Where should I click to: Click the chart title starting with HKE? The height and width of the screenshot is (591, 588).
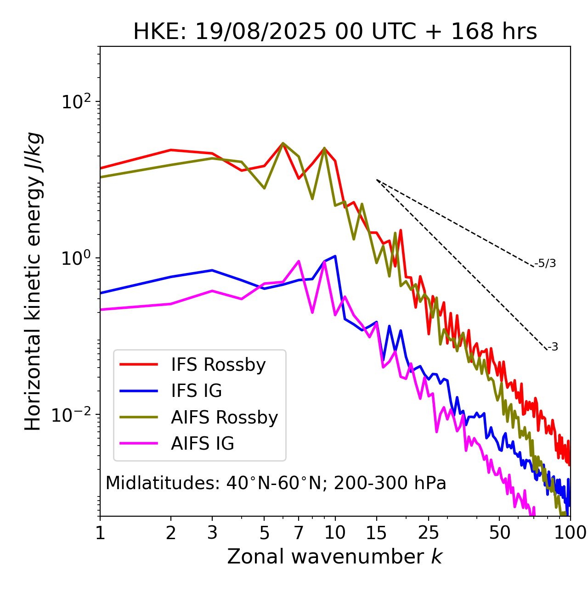coord(335,32)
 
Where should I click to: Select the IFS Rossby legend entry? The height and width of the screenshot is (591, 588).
coord(218,365)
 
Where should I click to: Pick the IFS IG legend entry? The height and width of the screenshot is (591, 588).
coord(196,391)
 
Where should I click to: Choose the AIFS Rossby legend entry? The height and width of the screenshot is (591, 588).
coord(224,418)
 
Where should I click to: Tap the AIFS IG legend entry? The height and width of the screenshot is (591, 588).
coord(203,444)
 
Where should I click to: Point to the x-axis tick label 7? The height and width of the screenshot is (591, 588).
coord(299,533)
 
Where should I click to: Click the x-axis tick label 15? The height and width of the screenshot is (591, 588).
coord(376,533)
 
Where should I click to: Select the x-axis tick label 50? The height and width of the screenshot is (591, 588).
coord(499,533)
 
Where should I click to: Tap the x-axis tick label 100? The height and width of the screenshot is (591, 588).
coord(570,533)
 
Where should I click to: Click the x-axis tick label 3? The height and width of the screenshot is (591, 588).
coord(212,533)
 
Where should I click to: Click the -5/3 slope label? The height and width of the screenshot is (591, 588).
coord(545,263)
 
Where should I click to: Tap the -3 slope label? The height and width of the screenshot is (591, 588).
coord(553,347)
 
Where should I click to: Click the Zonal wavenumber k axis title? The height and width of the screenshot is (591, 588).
coord(335,557)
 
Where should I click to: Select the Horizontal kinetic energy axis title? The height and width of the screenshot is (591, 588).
coord(33,281)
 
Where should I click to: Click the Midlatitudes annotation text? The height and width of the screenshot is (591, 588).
coord(276,483)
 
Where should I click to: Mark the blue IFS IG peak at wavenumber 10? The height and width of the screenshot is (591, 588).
coord(335,256)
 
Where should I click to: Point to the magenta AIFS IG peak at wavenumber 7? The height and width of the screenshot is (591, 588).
coord(299,262)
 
